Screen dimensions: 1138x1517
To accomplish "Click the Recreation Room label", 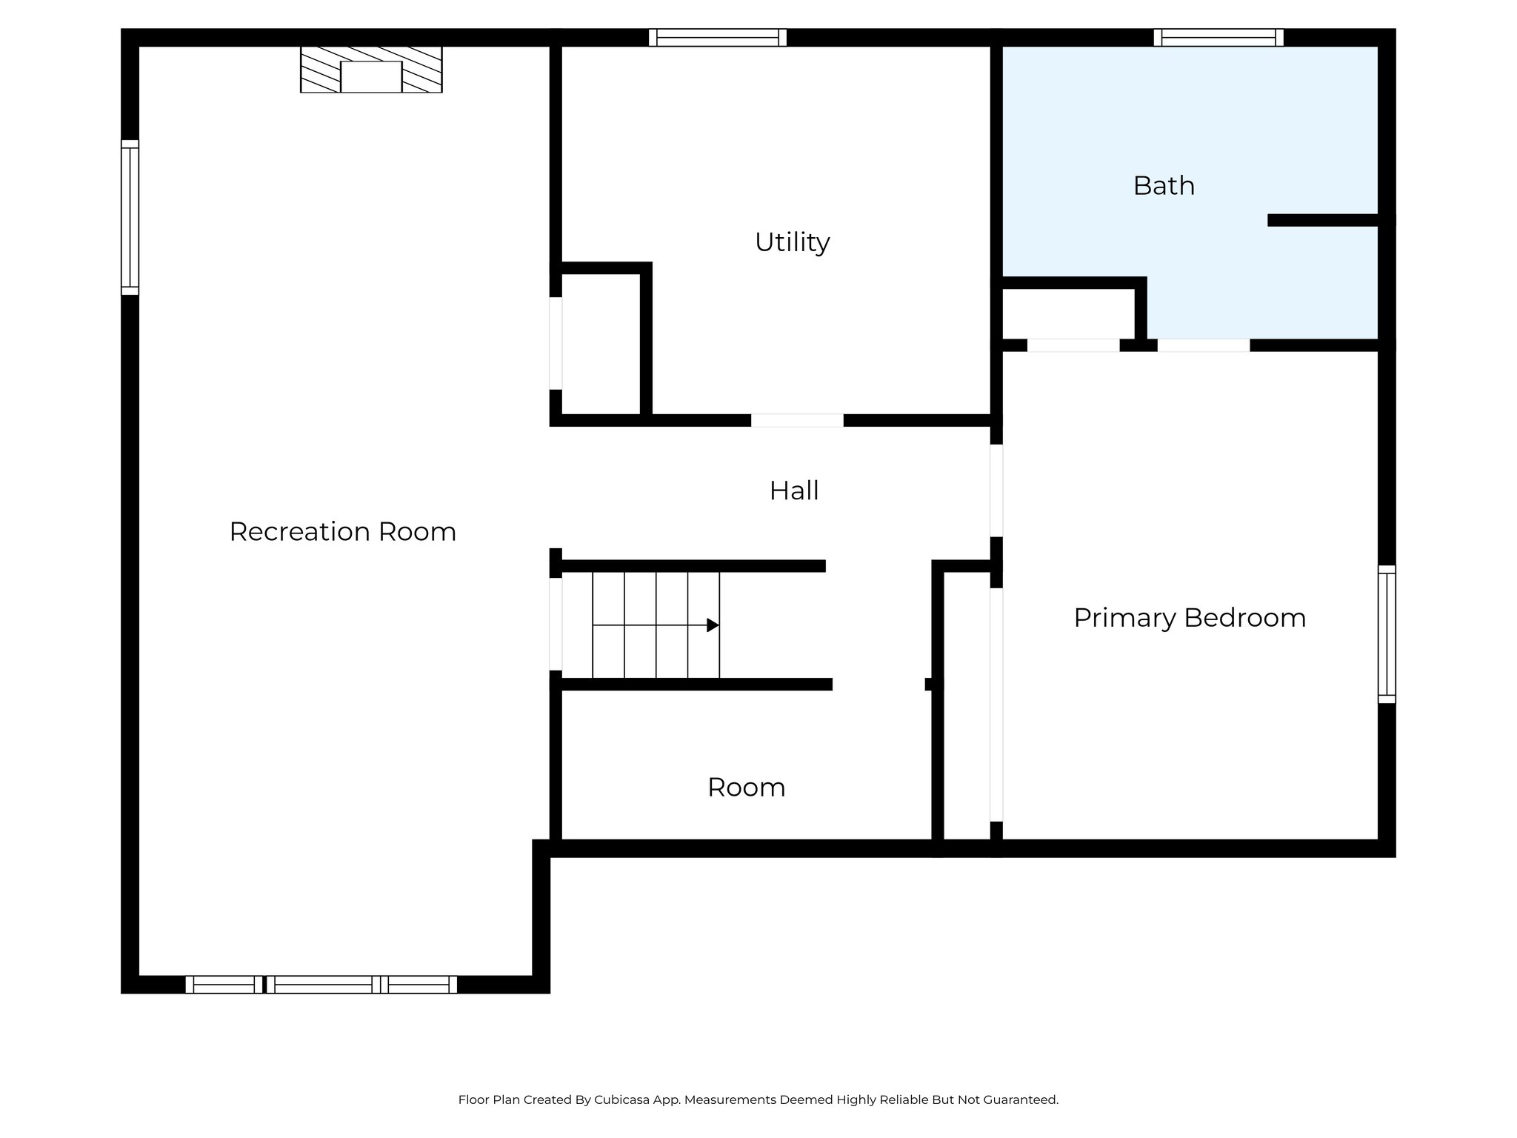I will click(342, 532).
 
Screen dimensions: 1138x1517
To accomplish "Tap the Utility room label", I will click(792, 242).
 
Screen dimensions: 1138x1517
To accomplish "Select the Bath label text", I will click(1164, 186).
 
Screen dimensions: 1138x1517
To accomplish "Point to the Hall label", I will click(794, 490).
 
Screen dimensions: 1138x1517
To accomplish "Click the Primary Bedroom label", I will click(1190, 618).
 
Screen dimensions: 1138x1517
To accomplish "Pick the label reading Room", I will click(746, 788).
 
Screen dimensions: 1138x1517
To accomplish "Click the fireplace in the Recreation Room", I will click(371, 70).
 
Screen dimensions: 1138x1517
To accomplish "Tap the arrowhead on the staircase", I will click(713, 625).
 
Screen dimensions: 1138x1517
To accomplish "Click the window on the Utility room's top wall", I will click(718, 37).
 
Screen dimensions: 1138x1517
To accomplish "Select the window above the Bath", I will click(1218, 37).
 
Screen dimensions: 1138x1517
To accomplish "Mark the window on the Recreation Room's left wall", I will click(130, 217).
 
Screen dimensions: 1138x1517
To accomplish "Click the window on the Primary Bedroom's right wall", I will click(1387, 634).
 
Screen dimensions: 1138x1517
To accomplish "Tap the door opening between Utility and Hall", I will click(797, 421).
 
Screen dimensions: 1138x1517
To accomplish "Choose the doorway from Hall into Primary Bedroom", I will click(996, 490).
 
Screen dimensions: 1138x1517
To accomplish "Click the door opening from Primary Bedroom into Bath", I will click(1203, 345).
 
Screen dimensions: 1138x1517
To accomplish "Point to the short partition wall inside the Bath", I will click(1323, 220).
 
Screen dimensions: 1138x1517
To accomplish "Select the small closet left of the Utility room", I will click(600, 343).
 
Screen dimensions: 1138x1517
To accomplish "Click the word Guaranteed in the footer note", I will click(1020, 1099).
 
